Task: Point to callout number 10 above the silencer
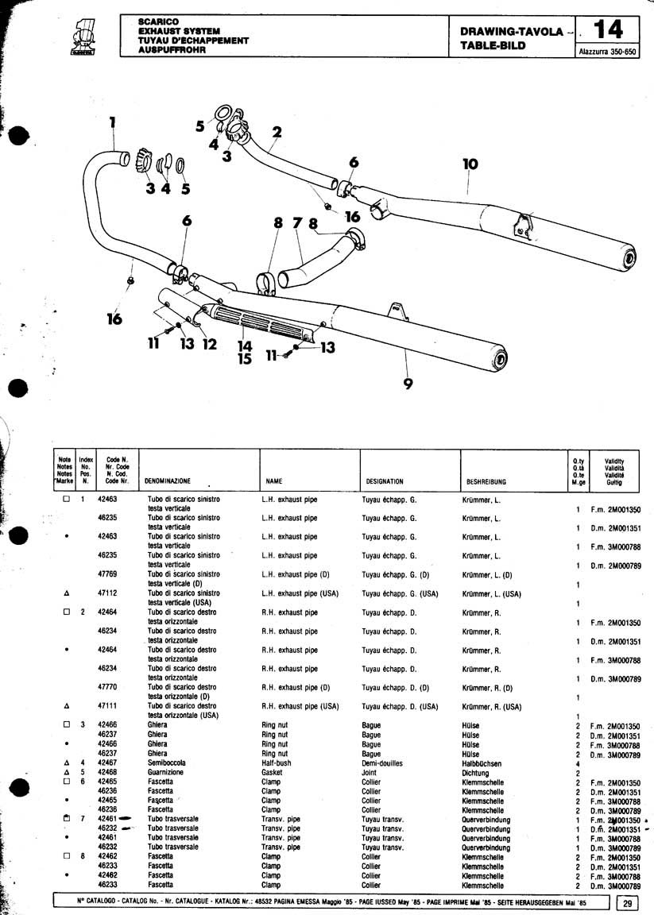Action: pyautogui.click(x=470, y=164)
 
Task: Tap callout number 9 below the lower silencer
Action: pyautogui.click(x=408, y=384)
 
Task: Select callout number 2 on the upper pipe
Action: pyautogui.click(x=277, y=132)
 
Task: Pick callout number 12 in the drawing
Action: pyautogui.click(x=209, y=344)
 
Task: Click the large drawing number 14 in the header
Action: pyautogui.click(x=607, y=29)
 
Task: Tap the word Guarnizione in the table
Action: pyautogui.click(x=165, y=772)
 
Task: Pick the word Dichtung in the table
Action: pyautogui.click(x=476, y=773)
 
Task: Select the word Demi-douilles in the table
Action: pyautogui.click(x=382, y=763)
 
